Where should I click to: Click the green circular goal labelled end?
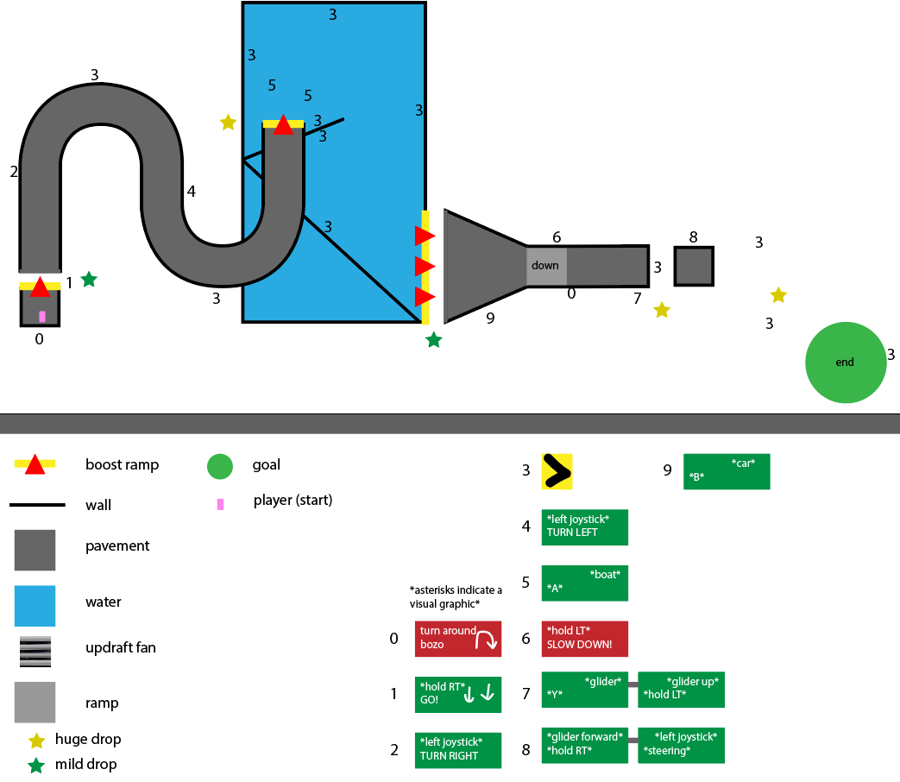(x=846, y=363)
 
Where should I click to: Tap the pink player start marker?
(x=41, y=317)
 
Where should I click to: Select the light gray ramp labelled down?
(x=545, y=266)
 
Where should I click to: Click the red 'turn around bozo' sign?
(x=457, y=639)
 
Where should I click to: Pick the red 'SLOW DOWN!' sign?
(x=584, y=639)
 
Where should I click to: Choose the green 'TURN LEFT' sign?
(x=584, y=527)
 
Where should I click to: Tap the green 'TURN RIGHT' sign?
(x=457, y=748)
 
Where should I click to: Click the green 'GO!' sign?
(x=457, y=693)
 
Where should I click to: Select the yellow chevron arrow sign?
(x=557, y=472)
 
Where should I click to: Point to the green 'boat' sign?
(x=584, y=583)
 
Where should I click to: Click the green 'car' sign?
(x=726, y=472)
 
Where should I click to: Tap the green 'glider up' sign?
(x=681, y=690)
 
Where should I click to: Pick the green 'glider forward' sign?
(x=584, y=745)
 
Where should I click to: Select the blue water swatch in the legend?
(x=35, y=605)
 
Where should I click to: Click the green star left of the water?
(x=89, y=279)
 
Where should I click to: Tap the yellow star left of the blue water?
(x=228, y=123)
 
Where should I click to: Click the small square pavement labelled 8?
(x=694, y=267)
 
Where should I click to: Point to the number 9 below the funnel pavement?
(x=490, y=318)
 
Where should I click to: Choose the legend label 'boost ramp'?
(x=122, y=464)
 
